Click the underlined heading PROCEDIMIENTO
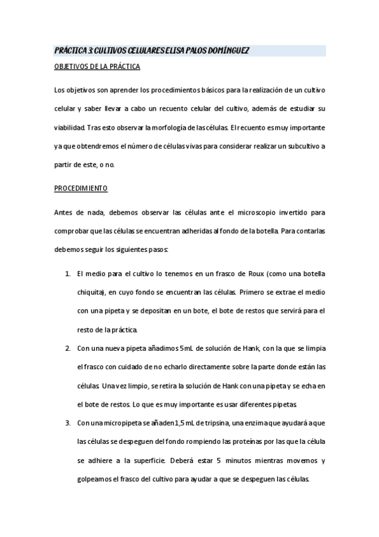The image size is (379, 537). pyautogui.click(x=80, y=189)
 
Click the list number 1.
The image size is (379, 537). pyautogui.click(x=68, y=273)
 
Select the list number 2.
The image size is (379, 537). pyautogui.click(x=68, y=348)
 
